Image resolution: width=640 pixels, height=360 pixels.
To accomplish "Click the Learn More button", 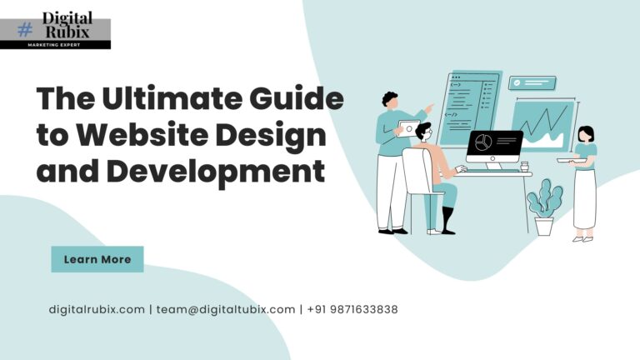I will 97,259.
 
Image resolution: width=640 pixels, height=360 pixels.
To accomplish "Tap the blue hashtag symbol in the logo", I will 25,29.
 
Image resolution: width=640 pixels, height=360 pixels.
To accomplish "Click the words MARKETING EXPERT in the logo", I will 55,44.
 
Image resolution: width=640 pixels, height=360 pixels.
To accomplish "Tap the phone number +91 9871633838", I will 352,309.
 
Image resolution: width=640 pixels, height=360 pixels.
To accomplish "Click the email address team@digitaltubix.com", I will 225,309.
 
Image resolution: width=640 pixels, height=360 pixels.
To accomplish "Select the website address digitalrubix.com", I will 97,309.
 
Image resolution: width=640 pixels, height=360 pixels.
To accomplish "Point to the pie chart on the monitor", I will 482,143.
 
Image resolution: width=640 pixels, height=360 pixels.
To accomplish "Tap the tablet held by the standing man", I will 408,127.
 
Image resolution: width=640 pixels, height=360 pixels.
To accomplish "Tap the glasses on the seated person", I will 427,132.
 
